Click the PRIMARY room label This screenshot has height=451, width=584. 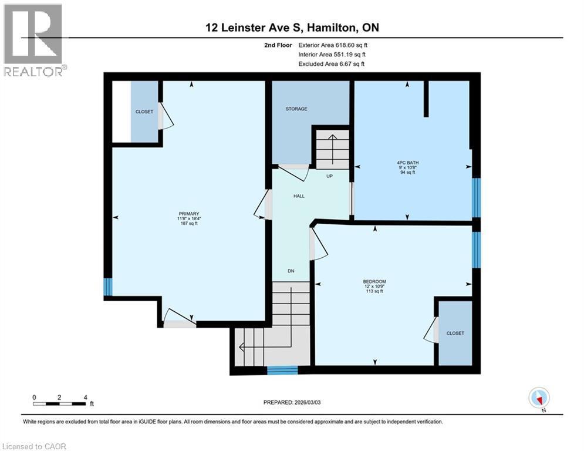coord(189,213)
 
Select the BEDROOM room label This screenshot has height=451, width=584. coord(374,281)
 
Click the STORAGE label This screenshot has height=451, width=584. coord(296,109)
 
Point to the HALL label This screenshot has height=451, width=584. coord(299,196)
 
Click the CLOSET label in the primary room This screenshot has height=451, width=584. coord(144,112)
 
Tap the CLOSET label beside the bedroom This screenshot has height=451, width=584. coord(455,333)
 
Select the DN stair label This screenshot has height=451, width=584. coord(290,271)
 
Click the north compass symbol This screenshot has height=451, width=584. coord(538,398)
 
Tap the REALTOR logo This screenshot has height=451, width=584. coord(33,40)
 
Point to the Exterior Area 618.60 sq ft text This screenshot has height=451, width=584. coord(333,45)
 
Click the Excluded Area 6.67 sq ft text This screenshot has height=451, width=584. coord(331,63)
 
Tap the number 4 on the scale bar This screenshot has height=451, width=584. coord(86,397)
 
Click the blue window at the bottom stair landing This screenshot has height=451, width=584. coord(282,370)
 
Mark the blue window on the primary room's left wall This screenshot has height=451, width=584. coord(107,287)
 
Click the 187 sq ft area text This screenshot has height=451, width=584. coord(189,224)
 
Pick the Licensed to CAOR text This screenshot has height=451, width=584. coord(34,446)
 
